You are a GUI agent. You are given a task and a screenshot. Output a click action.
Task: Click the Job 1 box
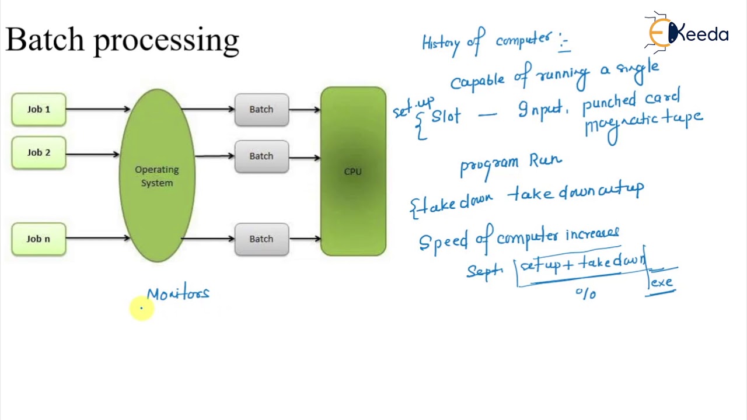pyautogui.click(x=39, y=110)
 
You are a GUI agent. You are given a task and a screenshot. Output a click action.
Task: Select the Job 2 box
pyautogui.click(x=39, y=153)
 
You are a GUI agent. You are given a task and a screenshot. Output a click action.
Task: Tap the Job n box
pyautogui.click(x=39, y=239)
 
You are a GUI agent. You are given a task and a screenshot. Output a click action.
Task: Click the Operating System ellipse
pyautogui.click(x=157, y=176)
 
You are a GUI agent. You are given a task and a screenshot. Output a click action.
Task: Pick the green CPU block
pyautogui.click(x=353, y=171)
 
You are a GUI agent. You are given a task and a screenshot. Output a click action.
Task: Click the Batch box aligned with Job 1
pyautogui.click(x=261, y=110)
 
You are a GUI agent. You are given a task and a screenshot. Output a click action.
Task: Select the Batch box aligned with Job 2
pyautogui.click(x=261, y=156)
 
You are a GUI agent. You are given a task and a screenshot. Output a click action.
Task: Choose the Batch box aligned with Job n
pyautogui.click(x=261, y=239)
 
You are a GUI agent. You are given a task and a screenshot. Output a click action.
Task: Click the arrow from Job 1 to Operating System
pyautogui.click(x=97, y=109)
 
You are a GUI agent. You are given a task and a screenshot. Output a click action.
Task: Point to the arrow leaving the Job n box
pyautogui.click(x=97, y=238)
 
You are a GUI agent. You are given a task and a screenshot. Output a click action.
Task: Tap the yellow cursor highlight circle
pyautogui.click(x=141, y=309)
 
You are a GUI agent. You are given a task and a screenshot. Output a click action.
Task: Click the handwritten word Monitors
pyautogui.click(x=178, y=293)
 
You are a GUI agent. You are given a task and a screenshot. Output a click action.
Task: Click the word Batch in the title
pyautogui.click(x=45, y=40)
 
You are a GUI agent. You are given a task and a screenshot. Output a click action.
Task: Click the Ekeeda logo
pyautogui.click(x=687, y=34)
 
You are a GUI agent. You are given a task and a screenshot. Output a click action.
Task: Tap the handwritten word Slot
pyautogui.click(x=446, y=116)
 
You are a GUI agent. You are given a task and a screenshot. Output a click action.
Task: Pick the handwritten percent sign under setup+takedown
pyautogui.click(x=585, y=293)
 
